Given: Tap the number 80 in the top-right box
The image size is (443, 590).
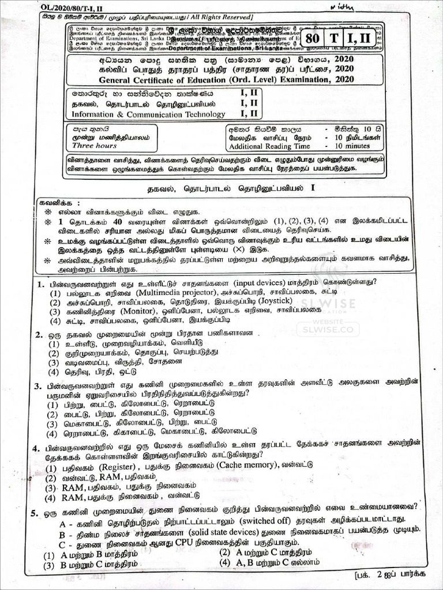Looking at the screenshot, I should point(312,38).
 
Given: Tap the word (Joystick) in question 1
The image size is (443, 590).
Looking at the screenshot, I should point(269,301).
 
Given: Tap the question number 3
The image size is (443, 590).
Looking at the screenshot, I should point(37,386).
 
